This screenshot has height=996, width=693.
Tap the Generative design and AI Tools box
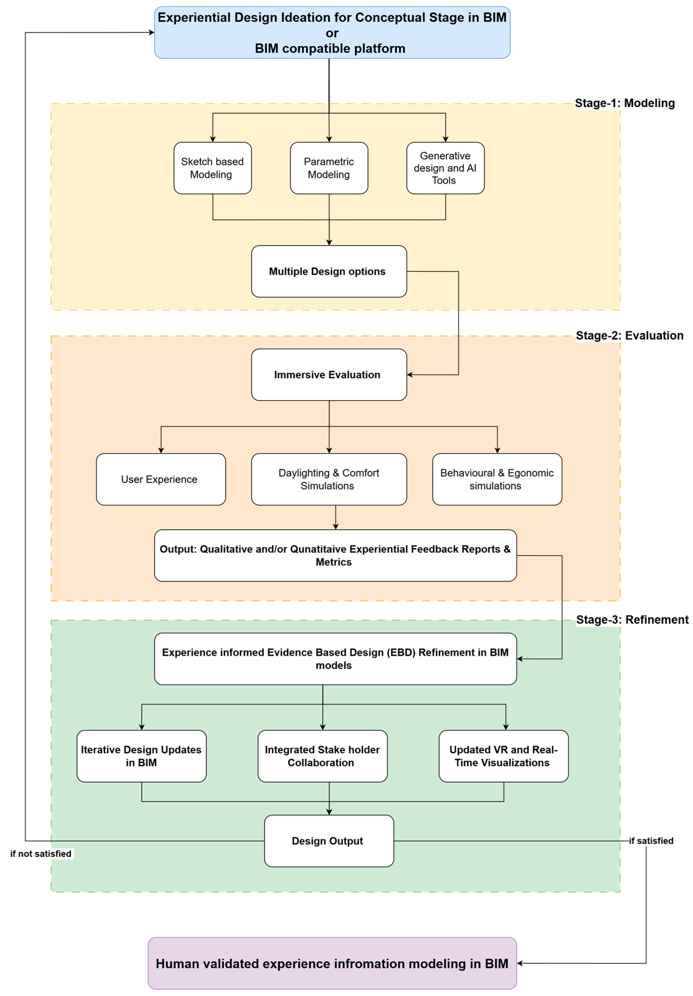click(445, 168)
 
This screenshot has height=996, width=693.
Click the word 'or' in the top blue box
click(332, 33)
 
